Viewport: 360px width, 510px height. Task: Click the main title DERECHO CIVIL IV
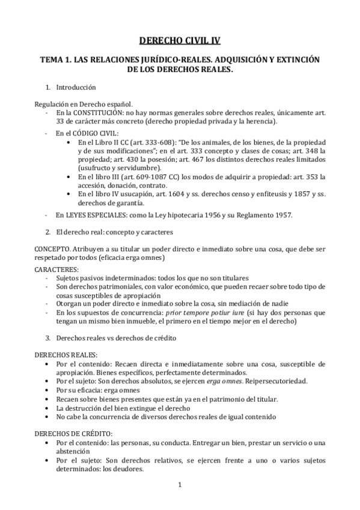180,41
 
